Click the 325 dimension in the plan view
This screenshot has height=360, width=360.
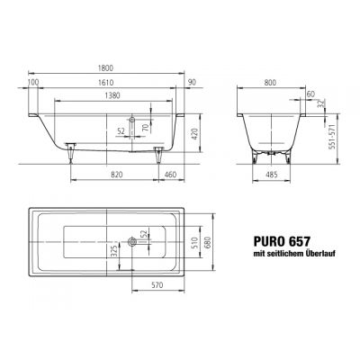pos(114,248)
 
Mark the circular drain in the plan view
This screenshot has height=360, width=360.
pos(132,240)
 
